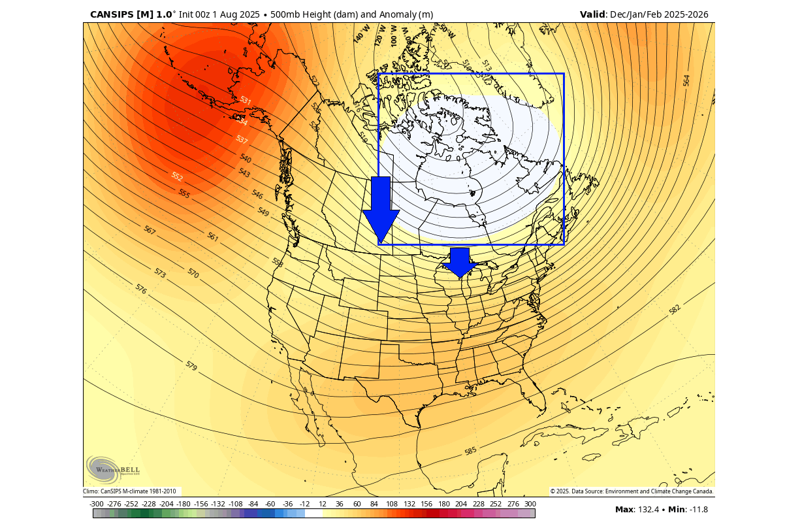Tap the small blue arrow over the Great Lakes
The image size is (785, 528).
(460, 262)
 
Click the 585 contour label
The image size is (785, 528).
(471, 451)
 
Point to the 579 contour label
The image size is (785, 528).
(191, 365)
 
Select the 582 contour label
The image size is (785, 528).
(675, 309)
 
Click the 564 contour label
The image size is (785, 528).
(686, 80)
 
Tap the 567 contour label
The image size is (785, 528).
(150, 231)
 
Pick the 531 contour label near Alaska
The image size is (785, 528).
(245, 100)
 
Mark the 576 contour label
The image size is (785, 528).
(141, 288)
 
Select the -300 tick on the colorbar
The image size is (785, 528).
(97, 504)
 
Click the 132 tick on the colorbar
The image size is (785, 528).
(409, 504)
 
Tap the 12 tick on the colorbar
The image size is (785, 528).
(323, 504)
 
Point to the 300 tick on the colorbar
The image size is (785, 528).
(530, 504)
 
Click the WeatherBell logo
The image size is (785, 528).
(112, 469)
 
